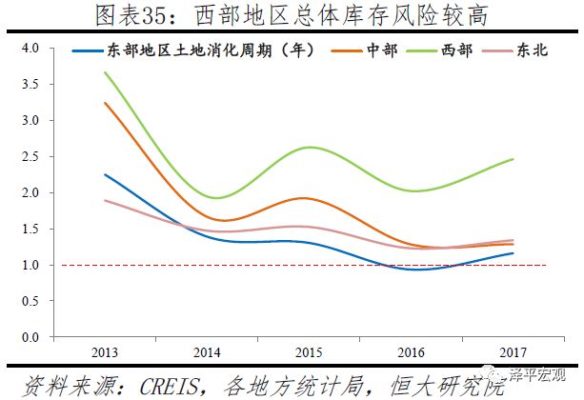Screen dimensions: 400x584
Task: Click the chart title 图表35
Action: point(292,15)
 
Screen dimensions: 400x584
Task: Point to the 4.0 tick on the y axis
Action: point(28,48)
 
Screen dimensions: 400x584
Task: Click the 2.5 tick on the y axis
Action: point(28,156)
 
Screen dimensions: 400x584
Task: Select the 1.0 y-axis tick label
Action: point(28,265)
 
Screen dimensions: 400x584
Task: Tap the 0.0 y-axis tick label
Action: point(28,337)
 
